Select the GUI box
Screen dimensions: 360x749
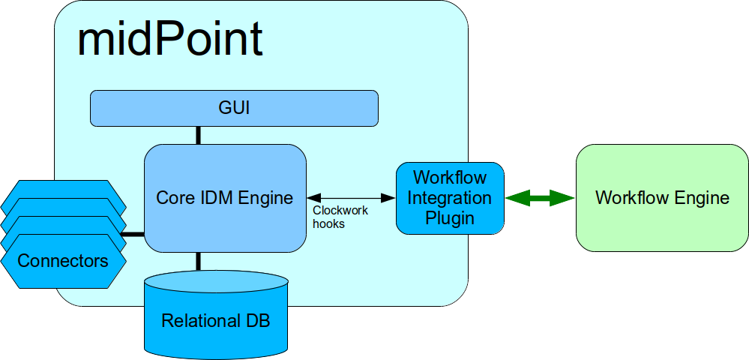coord(234,108)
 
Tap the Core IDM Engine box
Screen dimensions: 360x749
coord(225,198)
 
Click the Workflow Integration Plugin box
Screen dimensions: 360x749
coord(450,198)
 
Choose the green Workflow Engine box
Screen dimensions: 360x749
coord(662,198)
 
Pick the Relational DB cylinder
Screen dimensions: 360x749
coord(216,315)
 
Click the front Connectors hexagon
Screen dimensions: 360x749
coord(63,261)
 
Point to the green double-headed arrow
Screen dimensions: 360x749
coord(540,198)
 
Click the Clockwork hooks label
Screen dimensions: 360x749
coord(340,217)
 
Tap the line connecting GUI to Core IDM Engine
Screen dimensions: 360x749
coord(199,135)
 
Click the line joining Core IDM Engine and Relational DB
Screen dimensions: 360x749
coord(199,261)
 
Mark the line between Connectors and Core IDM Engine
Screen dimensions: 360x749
coord(133,234)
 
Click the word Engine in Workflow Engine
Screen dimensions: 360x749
coord(701,198)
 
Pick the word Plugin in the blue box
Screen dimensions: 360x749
coord(450,218)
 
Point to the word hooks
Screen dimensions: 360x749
coord(328,223)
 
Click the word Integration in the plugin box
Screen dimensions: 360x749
coord(450,198)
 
